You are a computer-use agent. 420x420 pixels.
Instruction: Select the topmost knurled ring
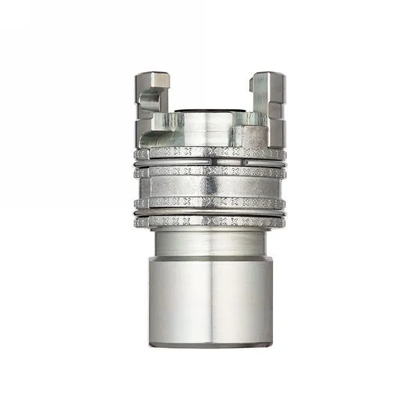[x=210, y=153]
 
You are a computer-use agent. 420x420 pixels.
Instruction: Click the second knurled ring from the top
[x=210, y=172]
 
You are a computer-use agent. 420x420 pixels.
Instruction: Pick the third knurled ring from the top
[x=210, y=202]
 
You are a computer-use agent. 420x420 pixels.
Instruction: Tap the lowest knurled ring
[x=210, y=221]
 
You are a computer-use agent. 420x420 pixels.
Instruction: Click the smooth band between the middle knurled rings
[x=210, y=187]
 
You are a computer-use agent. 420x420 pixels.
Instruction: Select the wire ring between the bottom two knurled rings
[x=210, y=212]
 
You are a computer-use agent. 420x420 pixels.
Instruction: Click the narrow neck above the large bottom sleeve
[x=210, y=243]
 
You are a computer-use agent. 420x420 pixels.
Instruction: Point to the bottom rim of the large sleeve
[x=210, y=344]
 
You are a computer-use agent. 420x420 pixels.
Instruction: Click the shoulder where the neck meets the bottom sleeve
[x=210, y=258]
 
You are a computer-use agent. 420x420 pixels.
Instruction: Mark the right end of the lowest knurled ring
[x=283, y=222]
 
